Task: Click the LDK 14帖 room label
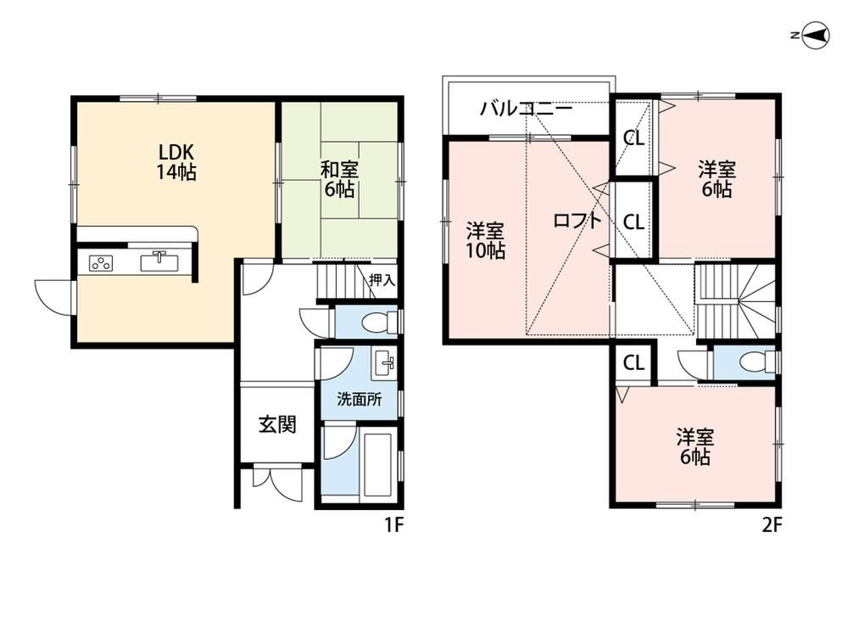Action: coord(176,162)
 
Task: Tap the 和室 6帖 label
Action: coord(339,179)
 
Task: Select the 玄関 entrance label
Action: coord(277,424)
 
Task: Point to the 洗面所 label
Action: coord(359,400)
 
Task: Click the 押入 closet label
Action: coord(382,280)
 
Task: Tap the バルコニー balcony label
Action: coord(527,109)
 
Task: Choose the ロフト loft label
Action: coord(577,221)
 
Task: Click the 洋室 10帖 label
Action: coord(486,241)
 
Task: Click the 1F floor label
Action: coord(394,524)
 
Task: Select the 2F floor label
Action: coord(772,524)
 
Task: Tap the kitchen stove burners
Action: coord(101,263)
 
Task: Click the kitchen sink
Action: coord(159,261)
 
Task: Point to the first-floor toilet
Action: coord(378,323)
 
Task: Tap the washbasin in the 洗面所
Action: coord(383,364)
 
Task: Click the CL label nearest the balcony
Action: coord(633,138)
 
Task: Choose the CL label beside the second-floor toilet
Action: coord(633,362)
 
